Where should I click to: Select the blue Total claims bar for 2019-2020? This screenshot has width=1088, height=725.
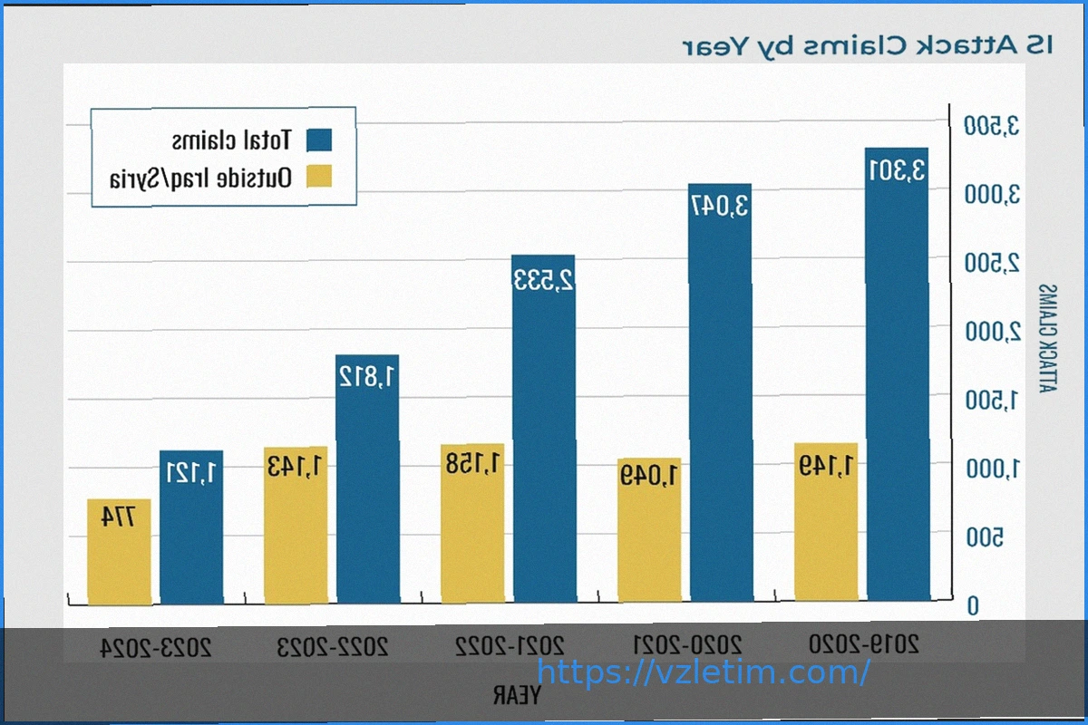tap(897, 381)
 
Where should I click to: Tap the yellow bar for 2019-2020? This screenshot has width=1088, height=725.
tap(826, 526)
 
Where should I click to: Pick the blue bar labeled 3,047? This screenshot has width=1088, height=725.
tap(720, 399)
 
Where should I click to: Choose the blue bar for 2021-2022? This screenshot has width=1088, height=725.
tap(544, 435)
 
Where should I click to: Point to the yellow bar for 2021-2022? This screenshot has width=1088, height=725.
tap(472, 526)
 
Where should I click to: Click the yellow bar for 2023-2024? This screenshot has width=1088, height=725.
tap(119, 553)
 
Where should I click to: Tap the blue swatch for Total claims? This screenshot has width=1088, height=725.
tap(319, 140)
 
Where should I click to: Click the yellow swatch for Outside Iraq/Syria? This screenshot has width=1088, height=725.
tap(319, 178)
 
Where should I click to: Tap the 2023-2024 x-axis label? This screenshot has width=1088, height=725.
tap(156, 647)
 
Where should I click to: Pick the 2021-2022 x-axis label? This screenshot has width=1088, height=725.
tap(510, 647)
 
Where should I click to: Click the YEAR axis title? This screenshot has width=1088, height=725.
tap(517, 696)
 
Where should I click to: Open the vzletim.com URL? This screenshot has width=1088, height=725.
tap(704, 672)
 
